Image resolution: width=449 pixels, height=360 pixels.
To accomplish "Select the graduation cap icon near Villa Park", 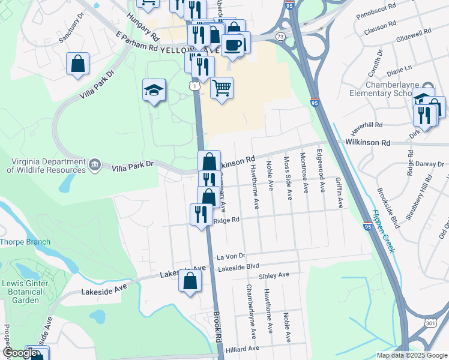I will coord(154,91).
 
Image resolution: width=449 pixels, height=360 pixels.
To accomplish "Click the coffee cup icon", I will coord(232,44).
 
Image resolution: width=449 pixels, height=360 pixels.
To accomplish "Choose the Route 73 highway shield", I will coord(280,37).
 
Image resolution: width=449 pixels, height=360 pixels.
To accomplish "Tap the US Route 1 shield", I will coord(194,87).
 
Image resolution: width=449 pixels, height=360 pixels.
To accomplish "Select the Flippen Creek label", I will coord(382,231).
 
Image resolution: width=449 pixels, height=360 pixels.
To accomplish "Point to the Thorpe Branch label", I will coord(25,242).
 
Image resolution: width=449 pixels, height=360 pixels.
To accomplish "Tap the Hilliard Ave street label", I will coord(243,348).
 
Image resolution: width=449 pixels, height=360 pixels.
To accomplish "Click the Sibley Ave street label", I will coord(274,275).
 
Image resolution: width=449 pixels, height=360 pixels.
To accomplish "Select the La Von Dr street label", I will coord(228,256).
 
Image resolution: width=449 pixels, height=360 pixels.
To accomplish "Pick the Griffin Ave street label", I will coord(339,192).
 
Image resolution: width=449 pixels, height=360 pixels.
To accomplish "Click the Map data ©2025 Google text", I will coord(411,355).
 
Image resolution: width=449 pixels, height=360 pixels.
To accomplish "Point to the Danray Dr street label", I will coord(428,164).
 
